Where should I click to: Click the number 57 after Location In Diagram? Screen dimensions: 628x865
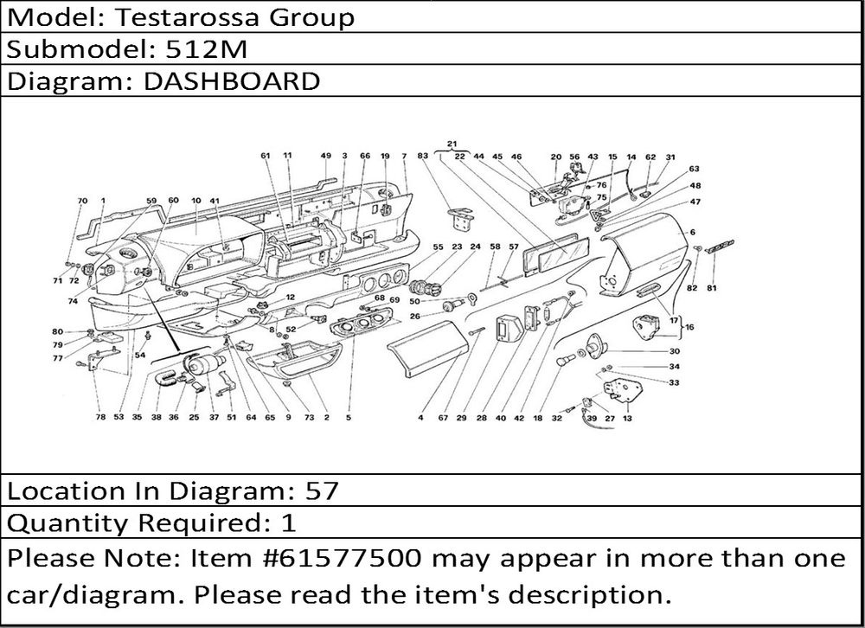pos(322,491)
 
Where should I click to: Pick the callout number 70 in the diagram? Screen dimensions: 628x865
pos(82,201)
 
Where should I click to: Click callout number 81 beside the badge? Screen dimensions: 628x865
pos(711,287)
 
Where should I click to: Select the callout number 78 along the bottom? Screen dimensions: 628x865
pos(100,418)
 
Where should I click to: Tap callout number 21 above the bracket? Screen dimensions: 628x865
pos(452,144)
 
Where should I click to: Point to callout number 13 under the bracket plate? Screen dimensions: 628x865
pos(626,418)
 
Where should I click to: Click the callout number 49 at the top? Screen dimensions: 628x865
pos(325,156)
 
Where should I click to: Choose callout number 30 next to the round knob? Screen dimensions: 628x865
pos(674,351)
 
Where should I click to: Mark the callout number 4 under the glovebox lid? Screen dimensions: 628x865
pos(420,418)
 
